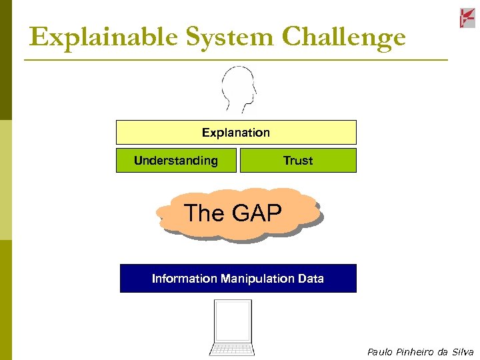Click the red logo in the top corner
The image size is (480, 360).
(x=467, y=18)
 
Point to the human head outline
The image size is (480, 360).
(x=239, y=89)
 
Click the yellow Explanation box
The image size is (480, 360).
(x=236, y=132)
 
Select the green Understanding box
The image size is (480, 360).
(x=176, y=161)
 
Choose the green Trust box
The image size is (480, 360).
(x=297, y=161)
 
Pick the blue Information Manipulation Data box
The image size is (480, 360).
(x=238, y=279)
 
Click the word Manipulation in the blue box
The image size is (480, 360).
(x=258, y=279)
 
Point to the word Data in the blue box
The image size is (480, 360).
(x=311, y=279)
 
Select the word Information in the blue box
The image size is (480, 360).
(x=185, y=279)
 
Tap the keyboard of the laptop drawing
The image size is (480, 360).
(x=231, y=349)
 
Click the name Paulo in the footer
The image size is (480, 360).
(x=380, y=352)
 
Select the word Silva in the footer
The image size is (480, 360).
(x=462, y=352)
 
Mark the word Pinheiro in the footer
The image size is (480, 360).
(x=417, y=352)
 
